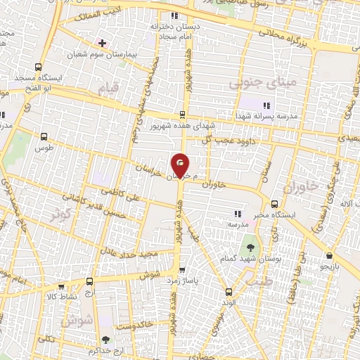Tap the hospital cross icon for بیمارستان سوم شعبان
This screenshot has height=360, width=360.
[103, 43]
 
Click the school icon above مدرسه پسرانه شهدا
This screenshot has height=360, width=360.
[266, 105]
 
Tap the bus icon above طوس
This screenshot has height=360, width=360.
[45, 138]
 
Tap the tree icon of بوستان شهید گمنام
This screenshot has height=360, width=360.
[250, 247]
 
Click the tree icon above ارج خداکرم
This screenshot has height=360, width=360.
[105, 340]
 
